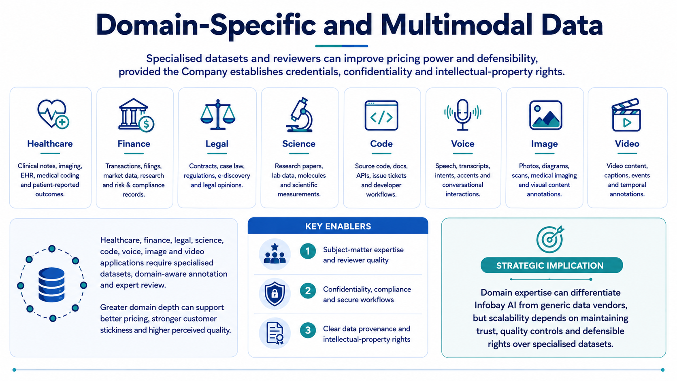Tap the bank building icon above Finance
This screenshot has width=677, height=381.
click(136, 115)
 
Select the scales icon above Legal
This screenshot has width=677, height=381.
click(217, 115)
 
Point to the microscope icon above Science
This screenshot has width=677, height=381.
click(300, 115)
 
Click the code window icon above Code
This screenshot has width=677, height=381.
click(381, 115)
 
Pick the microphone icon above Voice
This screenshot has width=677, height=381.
click(463, 115)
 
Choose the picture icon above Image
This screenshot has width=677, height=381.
click(545, 115)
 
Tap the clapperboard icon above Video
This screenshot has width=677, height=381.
click(626, 115)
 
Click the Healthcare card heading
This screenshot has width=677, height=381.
click(50, 143)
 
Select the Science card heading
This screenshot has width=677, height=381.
click(299, 143)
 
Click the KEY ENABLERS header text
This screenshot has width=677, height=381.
click(338, 226)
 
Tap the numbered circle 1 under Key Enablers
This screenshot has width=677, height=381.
click(308, 251)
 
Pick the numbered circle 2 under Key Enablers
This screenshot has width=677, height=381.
click(308, 291)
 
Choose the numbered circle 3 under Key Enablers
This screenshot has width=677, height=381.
click(308, 330)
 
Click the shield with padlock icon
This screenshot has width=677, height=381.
click(275, 294)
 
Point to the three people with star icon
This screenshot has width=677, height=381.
click(275, 254)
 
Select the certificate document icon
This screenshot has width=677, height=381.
click(275, 333)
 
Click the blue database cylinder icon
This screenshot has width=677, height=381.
click(52, 285)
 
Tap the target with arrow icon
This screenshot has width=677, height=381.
click(550, 239)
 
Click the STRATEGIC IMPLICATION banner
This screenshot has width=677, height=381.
click(551, 265)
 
